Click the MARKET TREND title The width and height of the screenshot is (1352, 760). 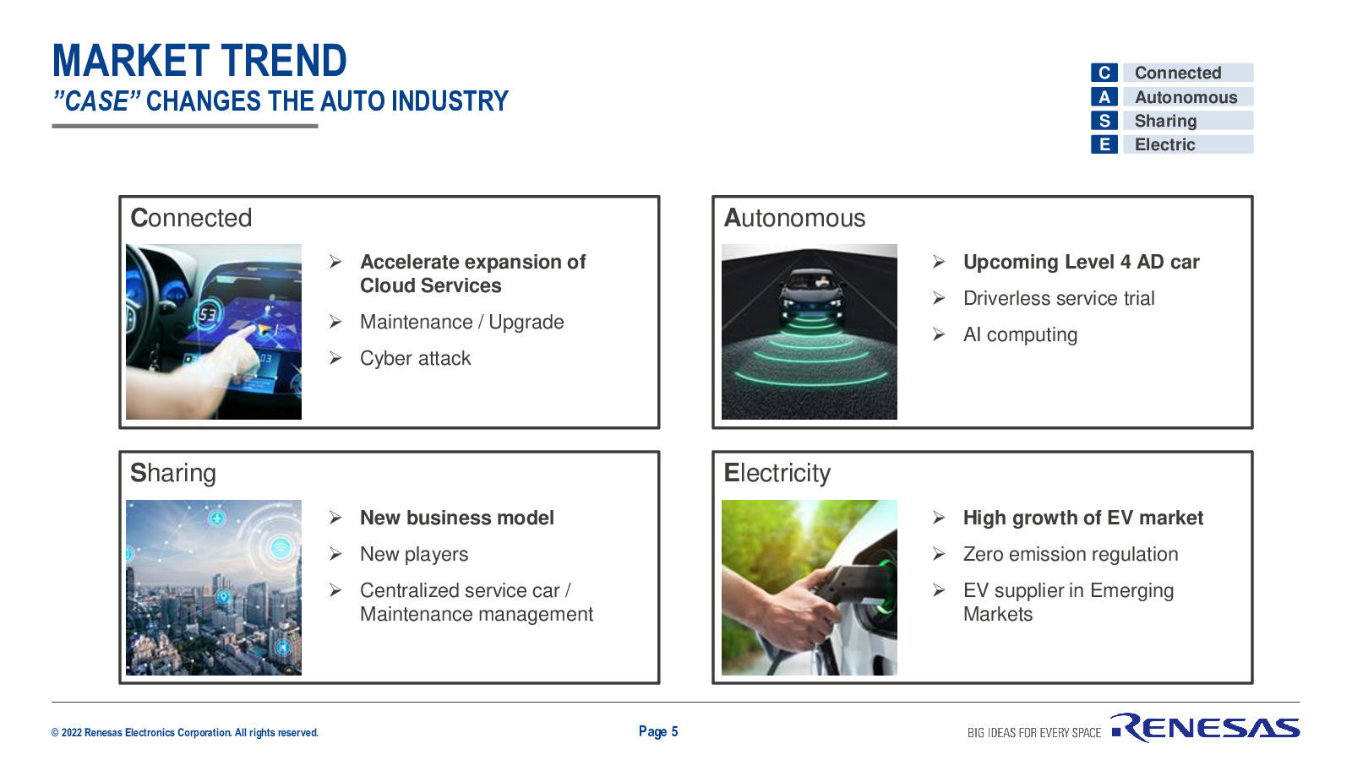199,61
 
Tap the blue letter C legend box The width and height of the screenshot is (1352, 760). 1104,73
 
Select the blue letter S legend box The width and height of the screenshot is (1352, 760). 1104,121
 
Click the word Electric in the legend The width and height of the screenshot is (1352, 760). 1164,144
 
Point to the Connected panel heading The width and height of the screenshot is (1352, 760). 191,218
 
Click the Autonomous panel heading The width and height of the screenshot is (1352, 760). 794,218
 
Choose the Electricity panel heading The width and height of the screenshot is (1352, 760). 777,473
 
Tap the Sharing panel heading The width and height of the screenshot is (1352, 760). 172,474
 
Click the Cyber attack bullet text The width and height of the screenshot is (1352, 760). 415,358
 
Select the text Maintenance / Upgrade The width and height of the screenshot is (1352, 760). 461,322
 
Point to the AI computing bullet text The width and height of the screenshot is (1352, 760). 1020,334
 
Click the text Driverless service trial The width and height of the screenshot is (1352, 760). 1059,298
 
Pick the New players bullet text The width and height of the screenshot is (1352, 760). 414,554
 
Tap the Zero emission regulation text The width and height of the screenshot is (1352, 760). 1070,554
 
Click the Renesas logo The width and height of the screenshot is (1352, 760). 1205,727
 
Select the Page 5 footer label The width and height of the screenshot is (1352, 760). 658,731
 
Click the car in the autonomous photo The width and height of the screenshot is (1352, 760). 810,296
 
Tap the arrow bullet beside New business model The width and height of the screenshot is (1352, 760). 335,518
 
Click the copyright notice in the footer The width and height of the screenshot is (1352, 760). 185,733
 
